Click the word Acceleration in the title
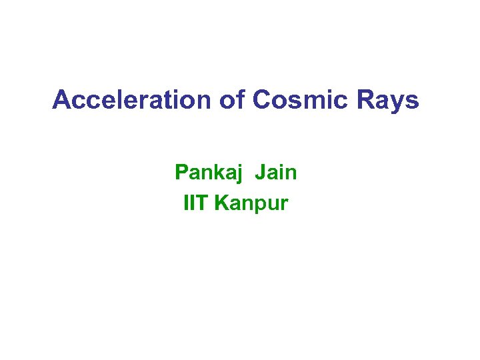click(x=131, y=100)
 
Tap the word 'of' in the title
click(x=231, y=100)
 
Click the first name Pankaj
click(x=209, y=173)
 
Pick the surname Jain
click(x=275, y=173)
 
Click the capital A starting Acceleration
click(x=61, y=100)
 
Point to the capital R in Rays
click(x=367, y=100)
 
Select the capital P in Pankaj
click(x=181, y=173)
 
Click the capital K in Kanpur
click(x=221, y=203)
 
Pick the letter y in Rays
click(x=397, y=103)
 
